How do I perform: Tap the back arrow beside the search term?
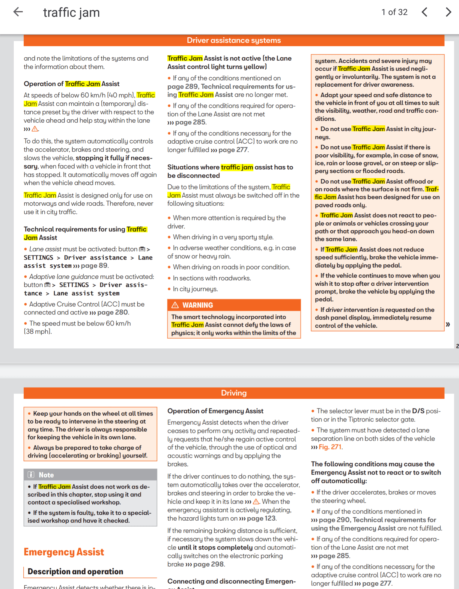click(x=18, y=12)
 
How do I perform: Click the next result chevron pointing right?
click(x=448, y=12)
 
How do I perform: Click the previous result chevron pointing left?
click(x=425, y=12)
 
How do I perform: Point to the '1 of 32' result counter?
click(x=394, y=12)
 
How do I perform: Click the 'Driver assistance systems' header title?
click(x=234, y=40)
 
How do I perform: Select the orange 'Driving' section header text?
click(x=234, y=393)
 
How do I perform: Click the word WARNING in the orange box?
click(x=198, y=305)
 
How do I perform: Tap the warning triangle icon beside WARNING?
click(x=175, y=305)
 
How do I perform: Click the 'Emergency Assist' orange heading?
click(x=64, y=552)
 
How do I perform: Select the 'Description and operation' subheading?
click(x=75, y=571)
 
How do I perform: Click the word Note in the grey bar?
click(x=46, y=475)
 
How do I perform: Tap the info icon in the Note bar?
click(x=31, y=474)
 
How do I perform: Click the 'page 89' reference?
click(x=94, y=266)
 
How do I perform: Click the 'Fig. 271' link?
click(x=330, y=447)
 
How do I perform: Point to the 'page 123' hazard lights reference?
click(x=261, y=518)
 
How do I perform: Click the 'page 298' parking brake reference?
click(x=208, y=564)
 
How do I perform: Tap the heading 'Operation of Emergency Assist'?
click(x=215, y=411)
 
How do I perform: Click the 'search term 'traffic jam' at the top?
click(x=71, y=13)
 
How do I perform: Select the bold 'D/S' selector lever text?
click(x=418, y=411)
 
